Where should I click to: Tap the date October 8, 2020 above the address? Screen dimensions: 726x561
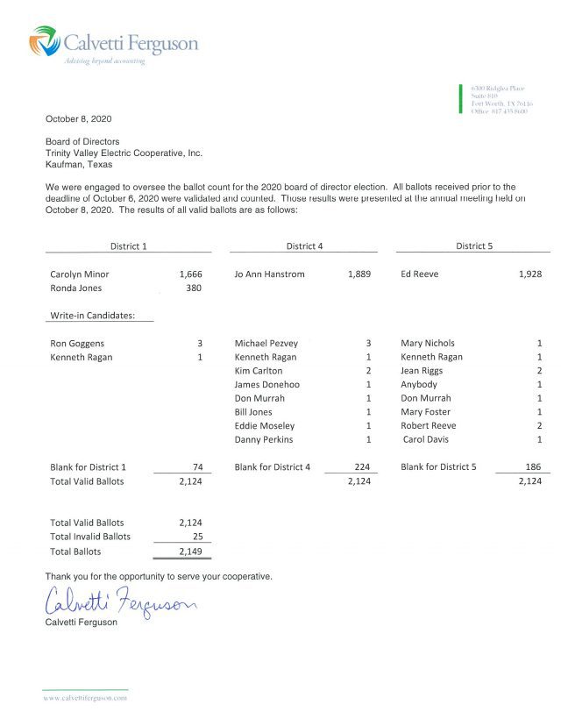point(78,119)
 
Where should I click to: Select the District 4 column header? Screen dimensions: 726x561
point(304,246)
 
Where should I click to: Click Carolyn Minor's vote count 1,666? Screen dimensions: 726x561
point(190,274)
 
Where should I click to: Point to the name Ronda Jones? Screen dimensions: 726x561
point(75,288)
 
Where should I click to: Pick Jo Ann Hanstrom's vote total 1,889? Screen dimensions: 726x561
point(359,274)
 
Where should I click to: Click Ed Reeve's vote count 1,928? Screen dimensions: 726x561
point(529,274)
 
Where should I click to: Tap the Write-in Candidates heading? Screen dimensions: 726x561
point(92,316)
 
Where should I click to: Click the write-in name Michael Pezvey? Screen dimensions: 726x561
point(266,344)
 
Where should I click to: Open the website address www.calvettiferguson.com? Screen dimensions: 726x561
point(85,698)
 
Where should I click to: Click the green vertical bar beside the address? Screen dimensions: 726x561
point(461,98)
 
